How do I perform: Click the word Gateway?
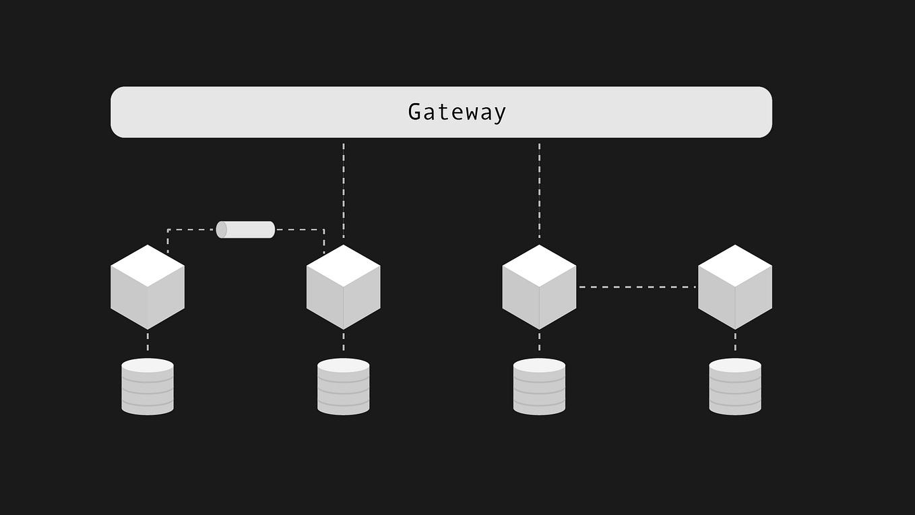(457, 112)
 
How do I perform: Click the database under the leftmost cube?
(148, 387)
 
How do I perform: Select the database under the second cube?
(344, 387)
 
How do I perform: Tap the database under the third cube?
(539, 387)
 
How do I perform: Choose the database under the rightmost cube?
(735, 387)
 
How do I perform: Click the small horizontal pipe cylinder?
(246, 230)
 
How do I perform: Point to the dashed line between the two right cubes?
(637, 287)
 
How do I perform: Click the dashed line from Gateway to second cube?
(344, 189)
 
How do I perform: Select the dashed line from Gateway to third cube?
(539, 189)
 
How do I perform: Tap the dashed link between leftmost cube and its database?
(148, 342)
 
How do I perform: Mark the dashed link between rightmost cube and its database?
(735, 342)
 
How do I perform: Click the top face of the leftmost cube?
(148, 266)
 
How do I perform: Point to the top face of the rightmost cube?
(735, 266)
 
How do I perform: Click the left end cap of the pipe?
(221, 230)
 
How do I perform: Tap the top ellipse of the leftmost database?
(148, 365)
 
